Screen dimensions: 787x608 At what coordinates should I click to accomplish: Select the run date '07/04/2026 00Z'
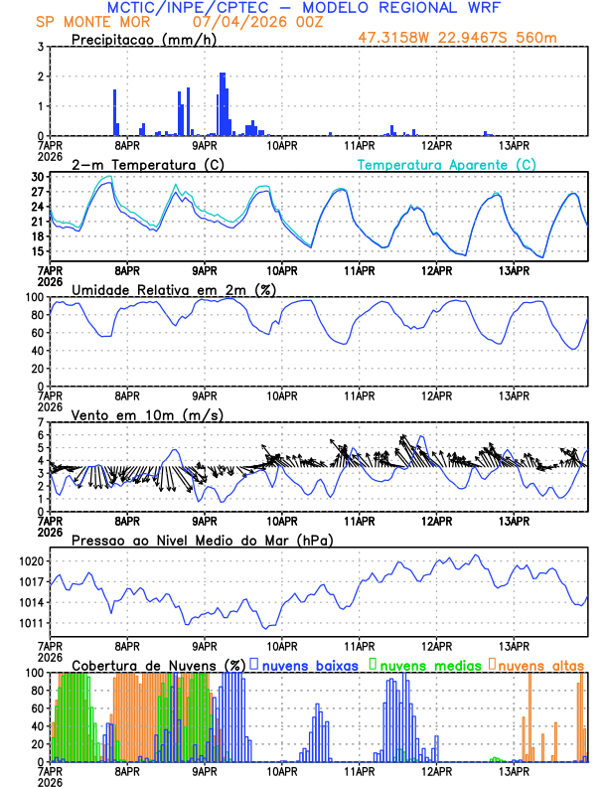(249, 22)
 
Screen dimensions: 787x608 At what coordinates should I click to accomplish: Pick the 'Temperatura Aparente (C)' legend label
(447, 164)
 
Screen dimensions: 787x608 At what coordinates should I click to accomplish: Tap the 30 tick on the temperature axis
(36, 177)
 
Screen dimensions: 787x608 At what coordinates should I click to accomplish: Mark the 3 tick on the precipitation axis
(39, 47)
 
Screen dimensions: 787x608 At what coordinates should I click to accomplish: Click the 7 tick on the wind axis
(39, 423)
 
